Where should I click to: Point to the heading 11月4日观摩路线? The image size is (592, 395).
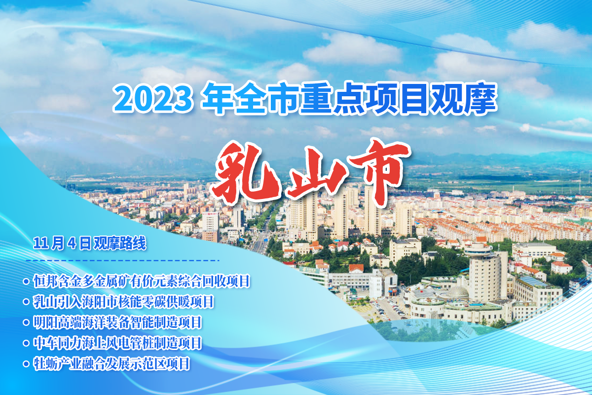point(90,243)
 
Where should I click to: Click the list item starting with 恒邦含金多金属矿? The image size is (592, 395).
point(142,281)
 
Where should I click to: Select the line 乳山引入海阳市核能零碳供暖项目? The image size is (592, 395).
point(123,302)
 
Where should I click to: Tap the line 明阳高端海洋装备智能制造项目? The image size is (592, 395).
point(117,322)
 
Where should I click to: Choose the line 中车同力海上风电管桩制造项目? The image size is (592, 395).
point(117,343)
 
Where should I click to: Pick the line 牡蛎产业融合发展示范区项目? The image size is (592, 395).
point(111,364)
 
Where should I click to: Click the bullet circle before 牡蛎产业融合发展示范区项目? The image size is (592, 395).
point(26,364)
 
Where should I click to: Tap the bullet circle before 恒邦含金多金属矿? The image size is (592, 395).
point(26,281)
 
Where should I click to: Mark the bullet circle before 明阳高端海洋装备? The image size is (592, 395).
point(26,322)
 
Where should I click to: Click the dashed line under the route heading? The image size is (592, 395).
point(123,261)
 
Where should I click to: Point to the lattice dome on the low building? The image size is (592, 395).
point(457,292)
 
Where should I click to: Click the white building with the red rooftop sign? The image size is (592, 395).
point(210,221)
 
